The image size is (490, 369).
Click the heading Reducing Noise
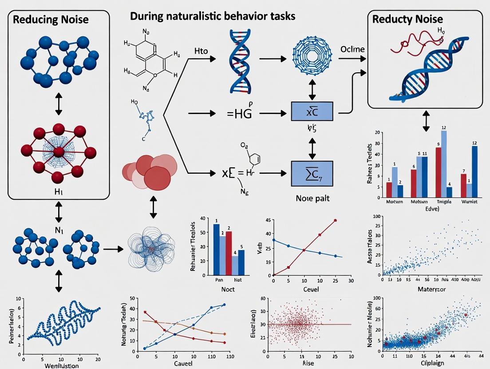[50, 19]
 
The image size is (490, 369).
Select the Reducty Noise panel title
[407, 19]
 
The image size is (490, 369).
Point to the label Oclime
[352, 49]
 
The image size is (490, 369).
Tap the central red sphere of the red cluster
[59, 152]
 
